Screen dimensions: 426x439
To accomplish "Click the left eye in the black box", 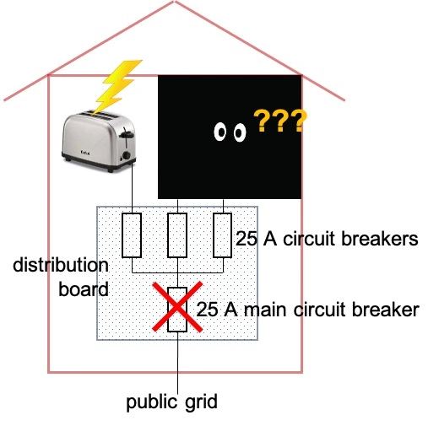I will pyautogui.click(x=222, y=132).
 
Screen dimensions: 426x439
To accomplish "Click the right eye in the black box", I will pyautogui.click(x=239, y=132).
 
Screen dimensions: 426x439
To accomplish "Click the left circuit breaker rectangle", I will pyautogui.click(x=132, y=235).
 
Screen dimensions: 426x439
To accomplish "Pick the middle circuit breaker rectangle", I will pyautogui.click(x=176, y=235).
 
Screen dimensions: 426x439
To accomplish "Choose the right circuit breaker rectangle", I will pyautogui.click(x=222, y=235).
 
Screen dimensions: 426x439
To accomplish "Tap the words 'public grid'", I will pyautogui.click(x=172, y=402).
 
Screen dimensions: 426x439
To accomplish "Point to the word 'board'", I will pyautogui.click(x=84, y=289).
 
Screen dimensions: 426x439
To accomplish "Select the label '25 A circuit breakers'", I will pyautogui.click(x=327, y=240).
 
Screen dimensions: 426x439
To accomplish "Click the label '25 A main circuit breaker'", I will pyautogui.click(x=307, y=310).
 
